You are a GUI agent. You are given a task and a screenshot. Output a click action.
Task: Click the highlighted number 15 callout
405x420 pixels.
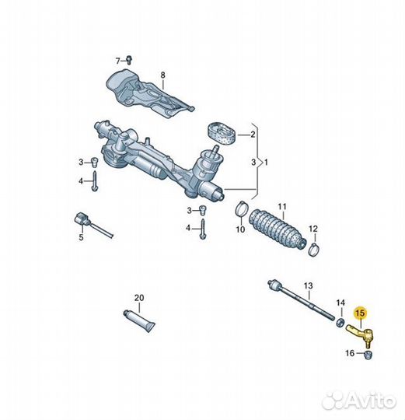[x=361, y=313]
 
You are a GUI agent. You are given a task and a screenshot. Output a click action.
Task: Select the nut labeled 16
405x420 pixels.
[x=368, y=355]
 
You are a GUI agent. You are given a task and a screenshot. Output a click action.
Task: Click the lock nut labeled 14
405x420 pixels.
[x=340, y=323]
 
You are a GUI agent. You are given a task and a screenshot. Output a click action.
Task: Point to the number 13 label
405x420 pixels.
[x=309, y=285]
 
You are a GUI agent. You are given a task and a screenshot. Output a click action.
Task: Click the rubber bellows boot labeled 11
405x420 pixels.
[x=277, y=229]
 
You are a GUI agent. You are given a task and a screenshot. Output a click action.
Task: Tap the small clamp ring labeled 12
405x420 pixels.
[x=314, y=249]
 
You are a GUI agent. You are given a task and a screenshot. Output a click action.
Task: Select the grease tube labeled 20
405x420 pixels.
[x=139, y=320]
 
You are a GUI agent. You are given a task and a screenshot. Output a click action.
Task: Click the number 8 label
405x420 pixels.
[x=163, y=75]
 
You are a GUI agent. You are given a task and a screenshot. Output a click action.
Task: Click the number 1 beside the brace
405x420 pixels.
[x=266, y=163]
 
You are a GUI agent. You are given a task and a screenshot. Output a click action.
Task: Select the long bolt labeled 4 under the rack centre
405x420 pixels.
[x=203, y=229]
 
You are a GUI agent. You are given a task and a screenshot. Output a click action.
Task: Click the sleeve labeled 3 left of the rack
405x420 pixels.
[x=95, y=163]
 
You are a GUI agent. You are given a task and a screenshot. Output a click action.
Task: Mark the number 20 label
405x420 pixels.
[x=139, y=298]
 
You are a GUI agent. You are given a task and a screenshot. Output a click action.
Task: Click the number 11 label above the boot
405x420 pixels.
[x=282, y=207]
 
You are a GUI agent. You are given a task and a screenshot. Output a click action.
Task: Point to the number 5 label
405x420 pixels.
[x=81, y=237]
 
